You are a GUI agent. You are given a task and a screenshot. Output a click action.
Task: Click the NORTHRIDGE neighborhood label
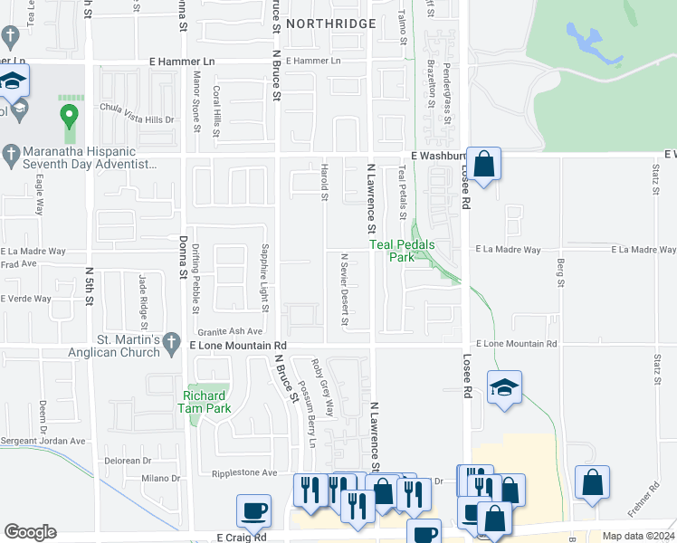(331, 23)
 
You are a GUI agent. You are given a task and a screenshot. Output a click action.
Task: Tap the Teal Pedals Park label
(402, 251)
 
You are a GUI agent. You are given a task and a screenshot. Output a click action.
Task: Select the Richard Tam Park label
(207, 402)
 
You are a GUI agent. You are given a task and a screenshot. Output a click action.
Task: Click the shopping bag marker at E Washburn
(484, 166)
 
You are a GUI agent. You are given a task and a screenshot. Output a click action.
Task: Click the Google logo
(30, 532)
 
